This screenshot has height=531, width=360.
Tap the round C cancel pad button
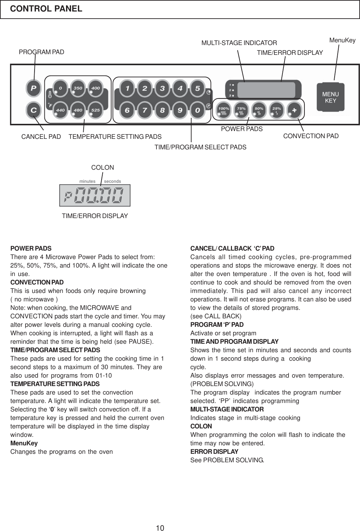click(34, 110)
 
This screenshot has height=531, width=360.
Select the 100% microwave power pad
click(224, 110)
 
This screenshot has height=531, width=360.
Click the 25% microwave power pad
click(276, 110)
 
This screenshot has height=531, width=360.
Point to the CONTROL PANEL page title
click(46, 9)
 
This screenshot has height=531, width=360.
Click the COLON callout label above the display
click(103, 168)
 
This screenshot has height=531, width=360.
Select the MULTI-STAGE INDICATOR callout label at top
click(239, 43)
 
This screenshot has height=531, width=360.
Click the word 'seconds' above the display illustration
click(112, 181)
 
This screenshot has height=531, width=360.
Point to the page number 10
click(160, 527)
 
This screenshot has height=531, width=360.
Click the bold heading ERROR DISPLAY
click(214, 452)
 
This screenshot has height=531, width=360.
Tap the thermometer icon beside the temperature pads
click(49, 94)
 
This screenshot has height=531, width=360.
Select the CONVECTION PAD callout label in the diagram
click(311, 136)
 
